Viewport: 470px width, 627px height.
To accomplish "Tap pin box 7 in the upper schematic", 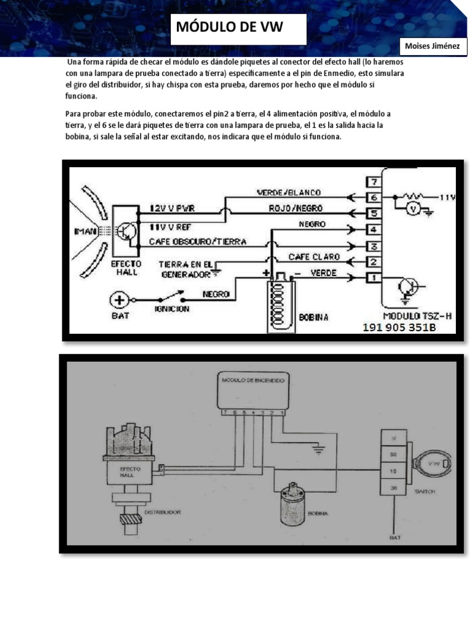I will click(373, 182).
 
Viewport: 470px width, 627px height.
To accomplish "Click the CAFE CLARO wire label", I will click(309, 257).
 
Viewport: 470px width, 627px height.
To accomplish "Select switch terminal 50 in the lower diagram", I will click(394, 455).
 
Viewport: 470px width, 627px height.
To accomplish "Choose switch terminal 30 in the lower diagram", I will click(394, 488).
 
